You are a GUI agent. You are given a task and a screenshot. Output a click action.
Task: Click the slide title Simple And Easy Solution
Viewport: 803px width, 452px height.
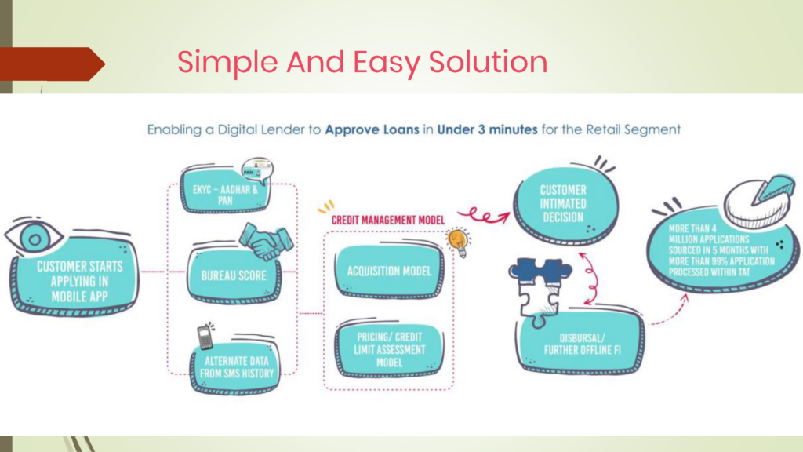[x=362, y=62]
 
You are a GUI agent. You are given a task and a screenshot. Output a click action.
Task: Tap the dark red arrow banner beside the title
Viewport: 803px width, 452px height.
[x=53, y=64]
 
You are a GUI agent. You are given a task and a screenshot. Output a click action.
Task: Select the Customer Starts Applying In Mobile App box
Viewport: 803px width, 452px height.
[x=75, y=277]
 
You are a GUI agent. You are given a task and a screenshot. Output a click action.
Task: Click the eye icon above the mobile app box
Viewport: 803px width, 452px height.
[x=34, y=236]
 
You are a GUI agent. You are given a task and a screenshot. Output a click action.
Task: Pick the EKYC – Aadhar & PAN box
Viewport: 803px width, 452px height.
[x=225, y=190]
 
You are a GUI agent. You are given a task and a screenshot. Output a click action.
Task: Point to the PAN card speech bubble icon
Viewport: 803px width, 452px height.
[x=257, y=170]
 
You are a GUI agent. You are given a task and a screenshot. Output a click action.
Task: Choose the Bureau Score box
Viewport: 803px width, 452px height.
[x=234, y=275]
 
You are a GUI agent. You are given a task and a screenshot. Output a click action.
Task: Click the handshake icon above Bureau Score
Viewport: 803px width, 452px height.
[x=267, y=241]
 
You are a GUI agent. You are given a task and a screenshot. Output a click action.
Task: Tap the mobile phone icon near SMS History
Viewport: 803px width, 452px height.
[x=205, y=336]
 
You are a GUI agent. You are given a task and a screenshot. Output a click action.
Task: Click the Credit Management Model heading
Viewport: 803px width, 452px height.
[x=388, y=221]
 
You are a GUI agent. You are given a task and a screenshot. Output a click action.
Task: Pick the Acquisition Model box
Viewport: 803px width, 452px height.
[x=389, y=271]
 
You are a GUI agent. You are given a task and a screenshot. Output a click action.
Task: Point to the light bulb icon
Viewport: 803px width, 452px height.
[x=458, y=242]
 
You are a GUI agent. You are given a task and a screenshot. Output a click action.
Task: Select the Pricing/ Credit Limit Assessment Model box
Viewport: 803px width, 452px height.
[x=389, y=349]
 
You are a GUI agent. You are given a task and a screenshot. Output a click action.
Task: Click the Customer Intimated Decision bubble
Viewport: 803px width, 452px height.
[x=565, y=204]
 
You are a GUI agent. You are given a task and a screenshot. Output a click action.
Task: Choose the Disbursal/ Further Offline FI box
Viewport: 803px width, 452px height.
[x=581, y=342]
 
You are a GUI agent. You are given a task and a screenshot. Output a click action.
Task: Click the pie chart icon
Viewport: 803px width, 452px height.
[x=760, y=201]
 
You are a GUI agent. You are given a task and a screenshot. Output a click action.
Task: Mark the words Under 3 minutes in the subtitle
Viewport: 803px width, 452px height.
[x=487, y=129]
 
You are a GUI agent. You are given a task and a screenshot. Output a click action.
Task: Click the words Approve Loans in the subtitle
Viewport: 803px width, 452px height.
[x=372, y=130]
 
